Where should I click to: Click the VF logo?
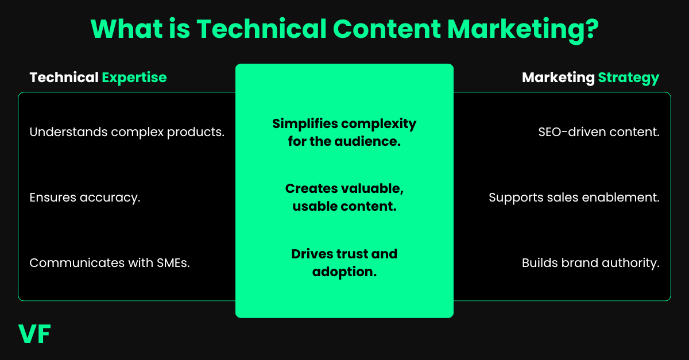click(34, 335)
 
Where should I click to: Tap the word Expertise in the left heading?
click(134, 78)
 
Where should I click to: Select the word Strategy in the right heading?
click(629, 78)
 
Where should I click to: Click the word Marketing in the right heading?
click(558, 78)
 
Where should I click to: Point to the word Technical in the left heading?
click(64, 78)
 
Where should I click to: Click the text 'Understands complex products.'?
click(127, 132)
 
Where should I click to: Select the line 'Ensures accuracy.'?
click(85, 198)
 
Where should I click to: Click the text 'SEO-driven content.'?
click(599, 132)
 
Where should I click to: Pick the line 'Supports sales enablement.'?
click(574, 198)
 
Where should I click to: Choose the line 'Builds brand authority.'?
click(591, 263)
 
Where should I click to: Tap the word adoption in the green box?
click(344, 272)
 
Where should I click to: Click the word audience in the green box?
click(371, 141)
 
